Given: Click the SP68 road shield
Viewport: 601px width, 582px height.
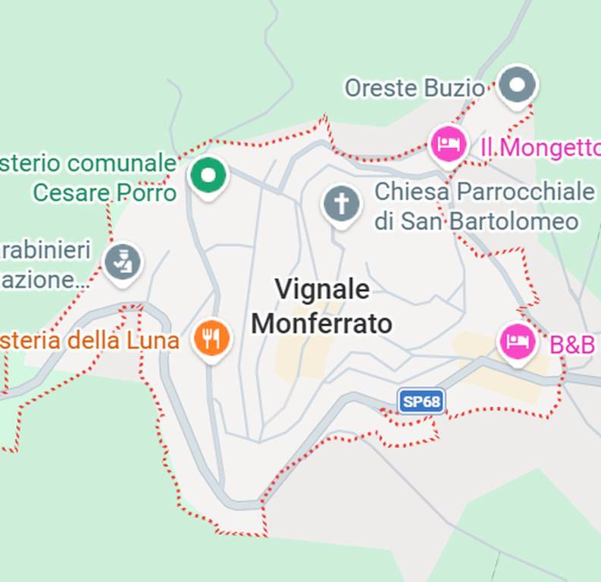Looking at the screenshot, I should tap(421, 401).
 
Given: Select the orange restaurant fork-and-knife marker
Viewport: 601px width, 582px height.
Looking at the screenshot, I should tap(211, 337).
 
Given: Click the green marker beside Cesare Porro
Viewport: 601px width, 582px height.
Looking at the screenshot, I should tap(208, 176).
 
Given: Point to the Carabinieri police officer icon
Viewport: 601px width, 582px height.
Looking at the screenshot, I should tap(123, 263).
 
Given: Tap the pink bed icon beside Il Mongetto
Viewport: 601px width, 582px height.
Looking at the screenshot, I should tap(448, 143).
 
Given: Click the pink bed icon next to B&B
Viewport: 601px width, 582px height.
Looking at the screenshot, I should tap(518, 341).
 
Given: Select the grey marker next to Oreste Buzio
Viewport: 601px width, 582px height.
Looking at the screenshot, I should tap(518, 86).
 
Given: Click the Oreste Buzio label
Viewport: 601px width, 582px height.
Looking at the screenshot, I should tap(414, 88).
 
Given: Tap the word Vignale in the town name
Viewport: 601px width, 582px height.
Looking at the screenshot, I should tap(322, 289).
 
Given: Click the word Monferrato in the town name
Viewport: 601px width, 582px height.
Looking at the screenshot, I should tap(322, 324).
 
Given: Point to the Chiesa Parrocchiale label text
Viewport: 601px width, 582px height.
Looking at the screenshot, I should tap(484, 191).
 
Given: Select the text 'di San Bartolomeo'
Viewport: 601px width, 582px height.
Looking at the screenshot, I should tap(476, 221).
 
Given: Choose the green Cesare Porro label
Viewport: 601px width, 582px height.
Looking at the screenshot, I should tap(105, 192).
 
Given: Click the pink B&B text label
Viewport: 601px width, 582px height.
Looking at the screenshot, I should tap(572, 344).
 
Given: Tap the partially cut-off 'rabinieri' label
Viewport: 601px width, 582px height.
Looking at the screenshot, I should tap(45, 249).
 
